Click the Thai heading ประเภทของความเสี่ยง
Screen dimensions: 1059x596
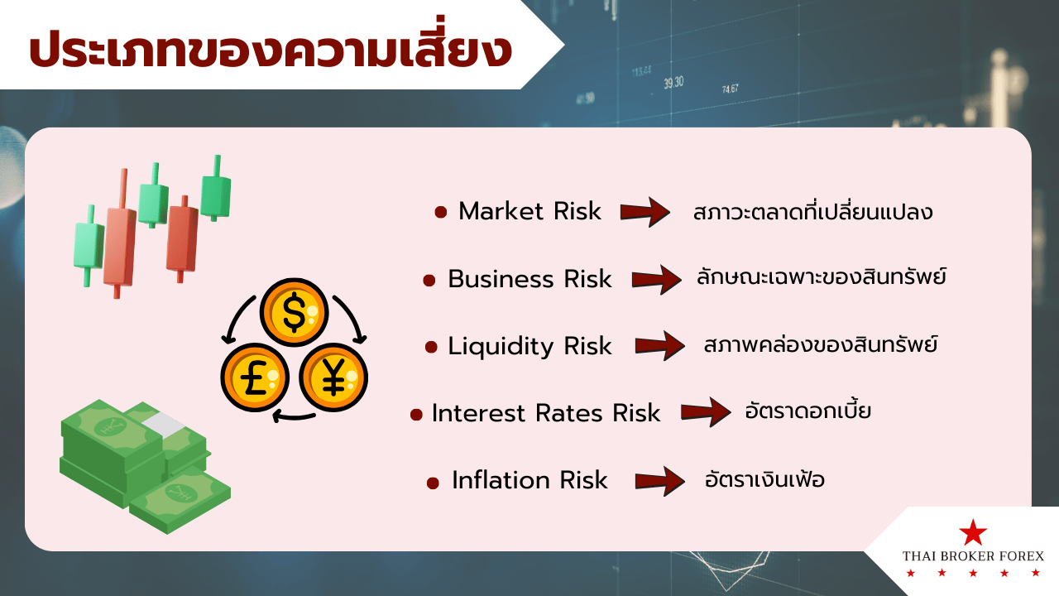[271, 47]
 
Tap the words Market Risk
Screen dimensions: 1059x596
[529, 211]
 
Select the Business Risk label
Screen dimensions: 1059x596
[529, 279]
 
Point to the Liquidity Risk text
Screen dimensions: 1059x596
[529, 346]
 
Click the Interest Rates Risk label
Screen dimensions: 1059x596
[545, 413]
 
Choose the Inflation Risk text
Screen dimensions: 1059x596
[529, 480]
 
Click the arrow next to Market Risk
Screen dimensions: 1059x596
[645, 212]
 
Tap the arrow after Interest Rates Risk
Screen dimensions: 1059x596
[706, 412]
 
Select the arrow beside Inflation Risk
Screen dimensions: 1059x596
[660, 481]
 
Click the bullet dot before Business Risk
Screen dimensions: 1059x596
[429, 281]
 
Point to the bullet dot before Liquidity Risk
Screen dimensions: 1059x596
[431, 348]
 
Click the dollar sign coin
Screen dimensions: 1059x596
[294, 312]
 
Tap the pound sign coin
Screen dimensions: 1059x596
[256, 377]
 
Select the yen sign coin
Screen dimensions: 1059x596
[333, 377]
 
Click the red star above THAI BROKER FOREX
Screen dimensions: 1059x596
[973, 532]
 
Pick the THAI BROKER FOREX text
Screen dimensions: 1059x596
[973, 556]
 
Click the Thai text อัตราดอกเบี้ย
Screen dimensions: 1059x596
[808, 411]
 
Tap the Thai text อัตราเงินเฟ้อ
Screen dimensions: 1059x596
[764, 478]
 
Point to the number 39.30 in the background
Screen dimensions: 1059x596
[673, 83]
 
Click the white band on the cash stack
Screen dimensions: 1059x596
[162, 425]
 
